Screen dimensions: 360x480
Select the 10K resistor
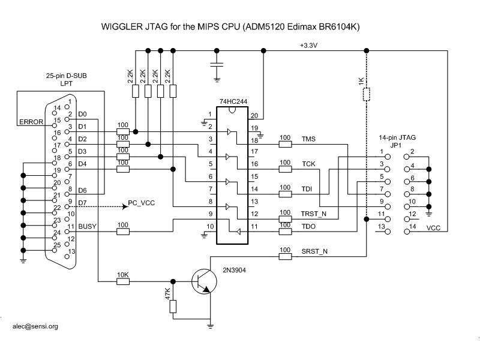[x=122, y=281]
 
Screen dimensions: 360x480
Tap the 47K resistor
[x=173, y=306]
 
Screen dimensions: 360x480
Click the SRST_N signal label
[x=313, y=251]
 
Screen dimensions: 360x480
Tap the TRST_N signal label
[x=314, y=213]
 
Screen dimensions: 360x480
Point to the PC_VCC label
[x=141, y=203]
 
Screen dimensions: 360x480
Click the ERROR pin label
[x=31, y=122]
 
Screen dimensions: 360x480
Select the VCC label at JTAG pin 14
[x=433, y=229]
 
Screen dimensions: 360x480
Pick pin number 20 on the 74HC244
[x=254, y=115]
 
